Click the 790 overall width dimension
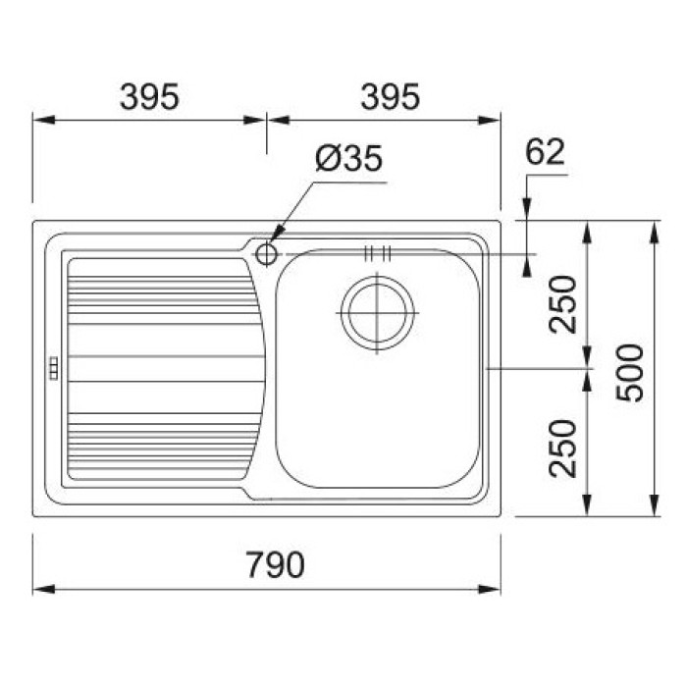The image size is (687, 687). click(x=275, y=564)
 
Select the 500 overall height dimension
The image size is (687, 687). click(x=629, y=373)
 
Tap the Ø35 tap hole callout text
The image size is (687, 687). click(x=348, y=158)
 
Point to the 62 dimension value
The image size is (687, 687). click(x=545, y=151)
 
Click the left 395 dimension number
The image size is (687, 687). click(x=149, y=97)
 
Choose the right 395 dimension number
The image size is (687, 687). click(x=390, y=97)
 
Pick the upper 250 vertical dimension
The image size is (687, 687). click(x=562, y=304)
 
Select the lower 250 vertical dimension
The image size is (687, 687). click(x=562, y=448)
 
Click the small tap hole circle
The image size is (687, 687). click(x=266, y=254)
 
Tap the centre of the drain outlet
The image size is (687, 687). click(x=377, y=313)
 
